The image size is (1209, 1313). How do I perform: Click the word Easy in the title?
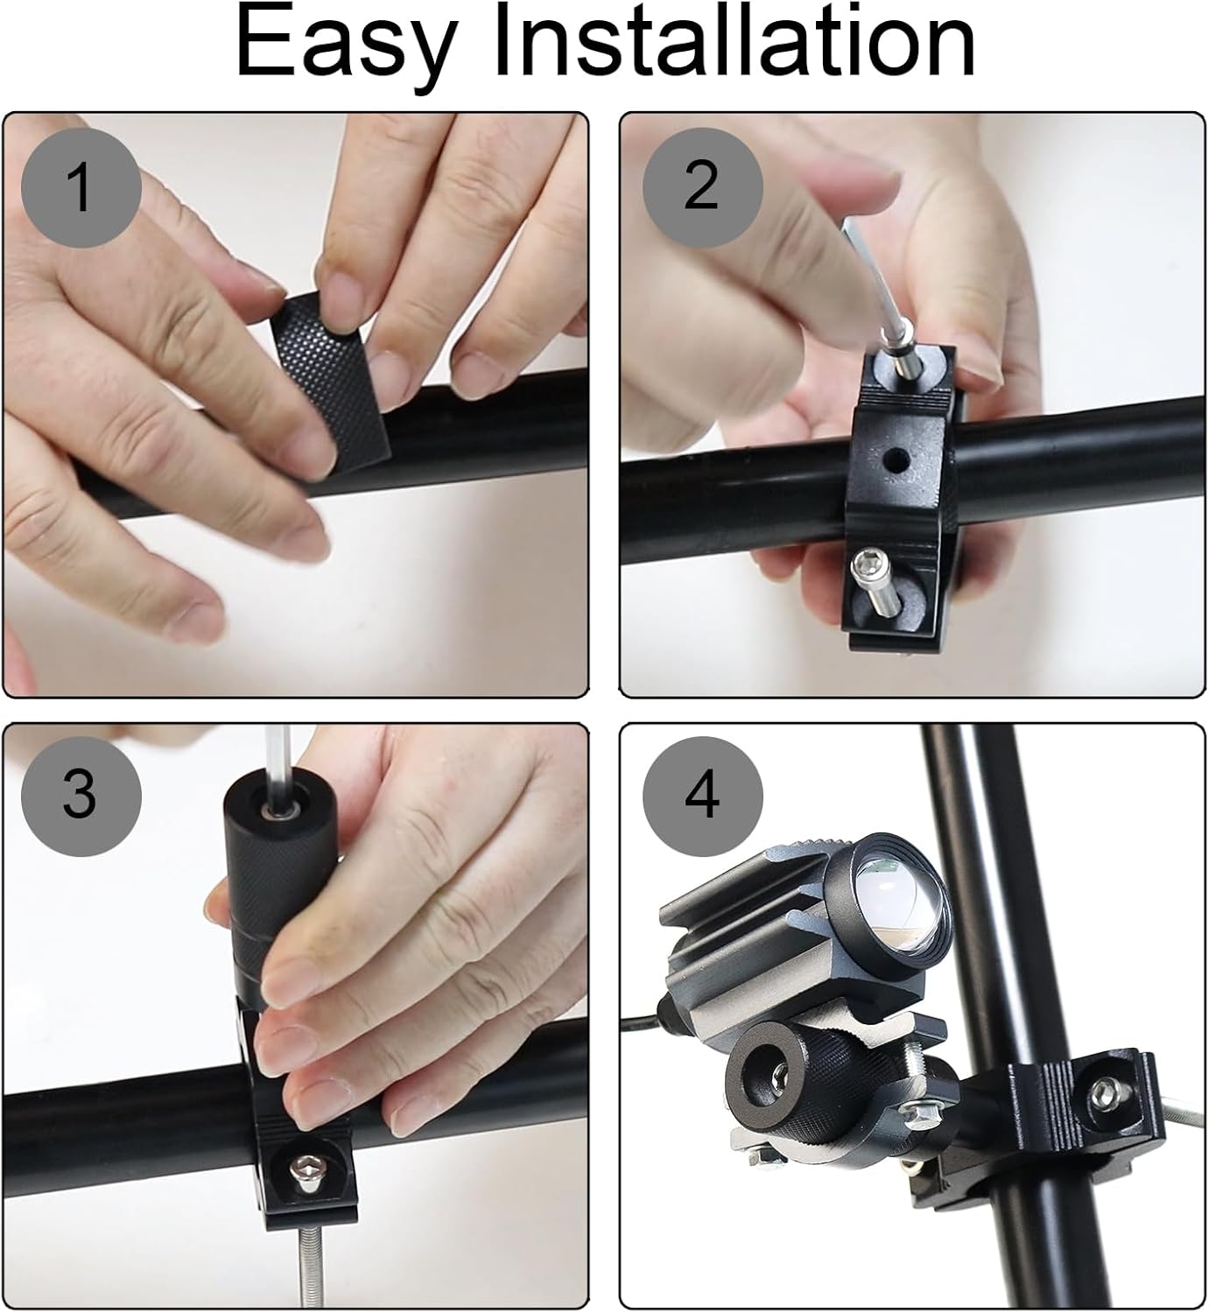(x=346, y=44)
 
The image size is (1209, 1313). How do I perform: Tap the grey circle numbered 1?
(x=81, y=186)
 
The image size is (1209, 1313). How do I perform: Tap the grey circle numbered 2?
(x=702, y=186)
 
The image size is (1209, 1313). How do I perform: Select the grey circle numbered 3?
(x=81, y=795)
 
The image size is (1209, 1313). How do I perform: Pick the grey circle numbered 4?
(x=702, y=795)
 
